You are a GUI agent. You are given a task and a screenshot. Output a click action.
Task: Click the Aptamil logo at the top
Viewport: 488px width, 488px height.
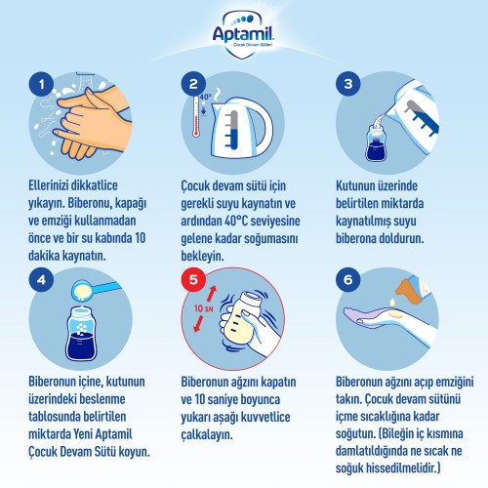[x=243, y=35]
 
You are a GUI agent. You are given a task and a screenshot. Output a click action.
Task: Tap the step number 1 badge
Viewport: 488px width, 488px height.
[x=41, y=84]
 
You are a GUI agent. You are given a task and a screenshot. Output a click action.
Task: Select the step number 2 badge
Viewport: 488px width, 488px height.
[x=193, y=84]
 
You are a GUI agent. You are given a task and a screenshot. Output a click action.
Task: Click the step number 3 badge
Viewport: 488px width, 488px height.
[x=348, y=84]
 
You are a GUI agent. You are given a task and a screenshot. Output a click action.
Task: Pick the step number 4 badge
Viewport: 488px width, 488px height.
[x=41, y=279]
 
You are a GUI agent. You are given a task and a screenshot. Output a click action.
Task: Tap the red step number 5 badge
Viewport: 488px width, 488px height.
[x=193, y=279]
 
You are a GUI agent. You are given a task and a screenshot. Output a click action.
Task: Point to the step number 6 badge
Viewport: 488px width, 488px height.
[x=348, y=279]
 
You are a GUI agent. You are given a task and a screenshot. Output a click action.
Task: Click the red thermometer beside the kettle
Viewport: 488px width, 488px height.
[x=196, y=116]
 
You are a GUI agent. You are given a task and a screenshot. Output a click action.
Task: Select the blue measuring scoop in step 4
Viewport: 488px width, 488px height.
[x=96, y=290]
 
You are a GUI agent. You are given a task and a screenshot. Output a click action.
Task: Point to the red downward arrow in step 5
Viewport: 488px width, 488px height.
[x=198, y=324]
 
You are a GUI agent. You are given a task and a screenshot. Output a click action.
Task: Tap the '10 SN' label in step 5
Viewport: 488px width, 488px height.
[x=204, y=308]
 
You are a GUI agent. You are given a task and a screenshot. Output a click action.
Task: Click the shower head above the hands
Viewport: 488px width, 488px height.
[x=85, y=77]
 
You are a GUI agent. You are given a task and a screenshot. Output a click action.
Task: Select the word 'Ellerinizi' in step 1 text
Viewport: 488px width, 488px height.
[x=48, y=185]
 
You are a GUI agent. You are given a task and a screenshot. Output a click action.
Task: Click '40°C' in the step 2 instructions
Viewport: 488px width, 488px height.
[x=236, y=221]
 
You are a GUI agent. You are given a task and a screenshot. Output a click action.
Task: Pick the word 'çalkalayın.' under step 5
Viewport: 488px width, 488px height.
[x=207, y=434]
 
